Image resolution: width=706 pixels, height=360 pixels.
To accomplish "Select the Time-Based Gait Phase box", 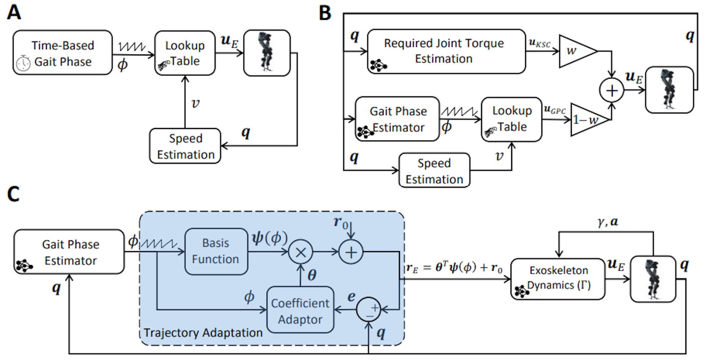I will click(x=63, y=53).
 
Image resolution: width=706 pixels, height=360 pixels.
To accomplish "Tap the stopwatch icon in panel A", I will click(x=23, y=63).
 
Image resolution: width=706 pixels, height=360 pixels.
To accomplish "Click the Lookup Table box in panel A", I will click(x=185, y=53).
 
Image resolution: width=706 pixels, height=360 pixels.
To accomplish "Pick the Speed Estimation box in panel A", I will click(x=185, y=146).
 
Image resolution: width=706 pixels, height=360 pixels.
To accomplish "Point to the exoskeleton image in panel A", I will click(x=267, y=53).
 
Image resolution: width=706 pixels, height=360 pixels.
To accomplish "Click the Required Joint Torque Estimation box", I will click(x=446, y=51).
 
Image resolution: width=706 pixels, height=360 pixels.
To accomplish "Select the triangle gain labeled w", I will click(x=575, y=51).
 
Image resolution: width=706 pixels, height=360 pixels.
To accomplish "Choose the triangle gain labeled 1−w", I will click(x=587, y=120).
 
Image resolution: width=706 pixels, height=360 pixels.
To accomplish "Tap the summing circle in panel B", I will click(x=611, y=90).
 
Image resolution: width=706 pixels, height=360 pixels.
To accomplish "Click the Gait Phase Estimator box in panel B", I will click(x=397, y=119).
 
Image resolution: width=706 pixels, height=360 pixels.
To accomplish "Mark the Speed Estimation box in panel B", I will click(x=434, y=171).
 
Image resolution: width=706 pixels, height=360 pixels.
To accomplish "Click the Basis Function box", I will click(x=216, y=252).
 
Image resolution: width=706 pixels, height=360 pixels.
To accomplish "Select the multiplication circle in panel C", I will click(x=300, y=252).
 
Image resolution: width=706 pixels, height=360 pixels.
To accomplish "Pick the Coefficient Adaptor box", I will click(x=300, y=311).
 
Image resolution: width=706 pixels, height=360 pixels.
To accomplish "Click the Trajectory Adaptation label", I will click(x=203, y=332).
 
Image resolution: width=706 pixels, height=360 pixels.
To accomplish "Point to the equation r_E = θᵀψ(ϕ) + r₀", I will click(x=454, y=268).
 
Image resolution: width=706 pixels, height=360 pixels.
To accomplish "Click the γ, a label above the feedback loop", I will click(x=607, y=222).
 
